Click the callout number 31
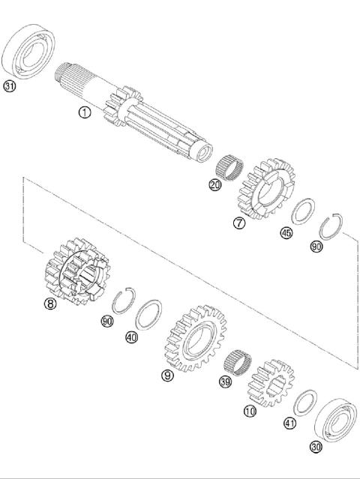9,86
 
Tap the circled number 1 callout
84,112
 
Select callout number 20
215,184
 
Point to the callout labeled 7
238,223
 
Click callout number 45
286,233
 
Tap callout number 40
132,337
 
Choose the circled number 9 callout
167,375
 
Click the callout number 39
224,382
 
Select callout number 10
250,412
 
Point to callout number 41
290,424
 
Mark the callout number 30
316,447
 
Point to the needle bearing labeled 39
237,363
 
